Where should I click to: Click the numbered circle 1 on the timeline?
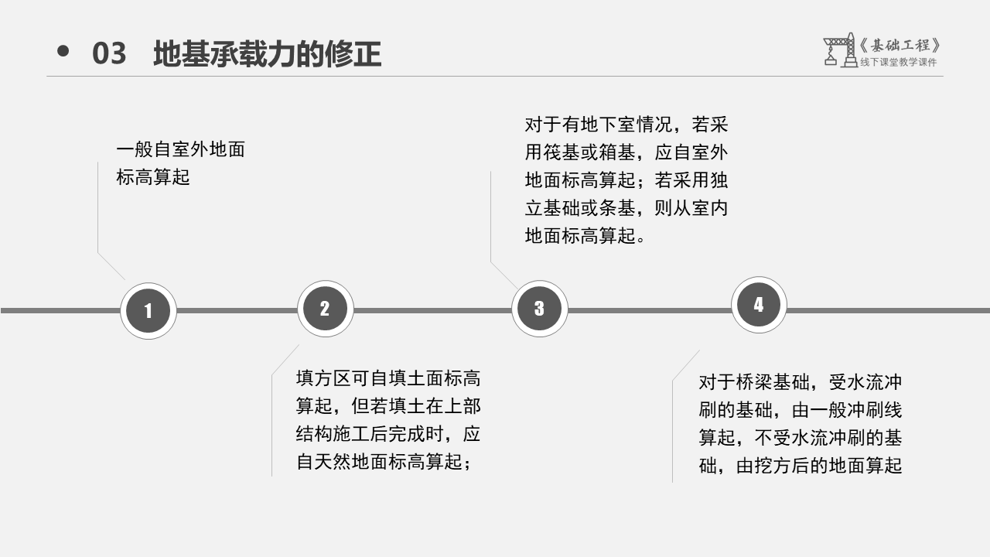click(148, 311)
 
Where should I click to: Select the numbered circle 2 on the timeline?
click(325, 309)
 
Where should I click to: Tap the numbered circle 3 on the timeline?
click(539, 309)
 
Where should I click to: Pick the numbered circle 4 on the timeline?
click(759, 305)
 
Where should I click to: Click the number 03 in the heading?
click(109, 54)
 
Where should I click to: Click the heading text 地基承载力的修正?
click(267, 54)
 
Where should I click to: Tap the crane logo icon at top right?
click(839, 50)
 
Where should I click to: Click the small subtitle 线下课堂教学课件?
click(898, 63)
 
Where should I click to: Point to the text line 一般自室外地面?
click(180, 149)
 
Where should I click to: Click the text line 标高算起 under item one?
click(152, 177)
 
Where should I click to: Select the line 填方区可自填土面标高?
click(388, 379)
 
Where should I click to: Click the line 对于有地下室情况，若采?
click(626, 125)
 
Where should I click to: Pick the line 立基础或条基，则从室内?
click(626, 208)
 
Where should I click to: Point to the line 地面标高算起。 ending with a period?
click(585, 236)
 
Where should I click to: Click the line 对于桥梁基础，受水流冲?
click(801, 382)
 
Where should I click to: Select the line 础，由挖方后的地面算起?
click(801, 466)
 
